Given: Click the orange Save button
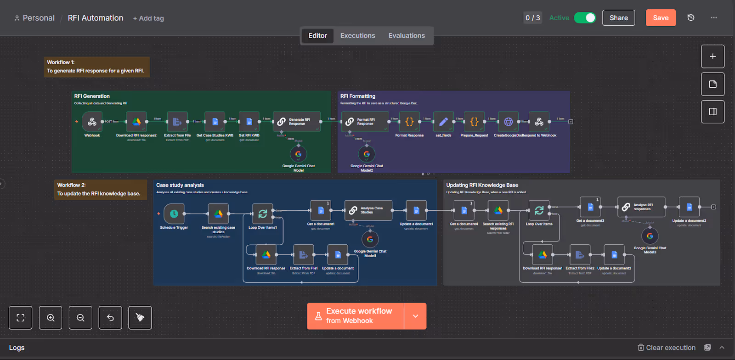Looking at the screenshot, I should click(661, 18).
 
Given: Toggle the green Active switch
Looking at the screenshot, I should click(585, 18).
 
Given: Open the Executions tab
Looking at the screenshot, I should click(357, 35).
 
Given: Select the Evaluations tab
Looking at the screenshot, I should click(407, 35).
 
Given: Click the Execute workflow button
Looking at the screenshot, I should click(356, 316).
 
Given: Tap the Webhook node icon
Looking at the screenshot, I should click(92, 122).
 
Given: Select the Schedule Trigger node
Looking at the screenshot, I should click(174, 214).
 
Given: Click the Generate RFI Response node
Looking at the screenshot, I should click(297, 122).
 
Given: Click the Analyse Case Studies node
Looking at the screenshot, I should click(368, 210).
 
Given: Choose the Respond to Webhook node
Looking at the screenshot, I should click(539, 122).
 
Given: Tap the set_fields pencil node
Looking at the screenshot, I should click(443, 122).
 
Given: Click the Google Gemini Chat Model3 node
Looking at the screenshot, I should click(650, 236).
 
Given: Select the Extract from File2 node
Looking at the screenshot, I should click(580, 254).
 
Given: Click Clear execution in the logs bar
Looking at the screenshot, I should click(667, 348).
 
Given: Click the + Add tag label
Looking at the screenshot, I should click(148, 18).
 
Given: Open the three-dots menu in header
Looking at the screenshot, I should click(713, 18).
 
